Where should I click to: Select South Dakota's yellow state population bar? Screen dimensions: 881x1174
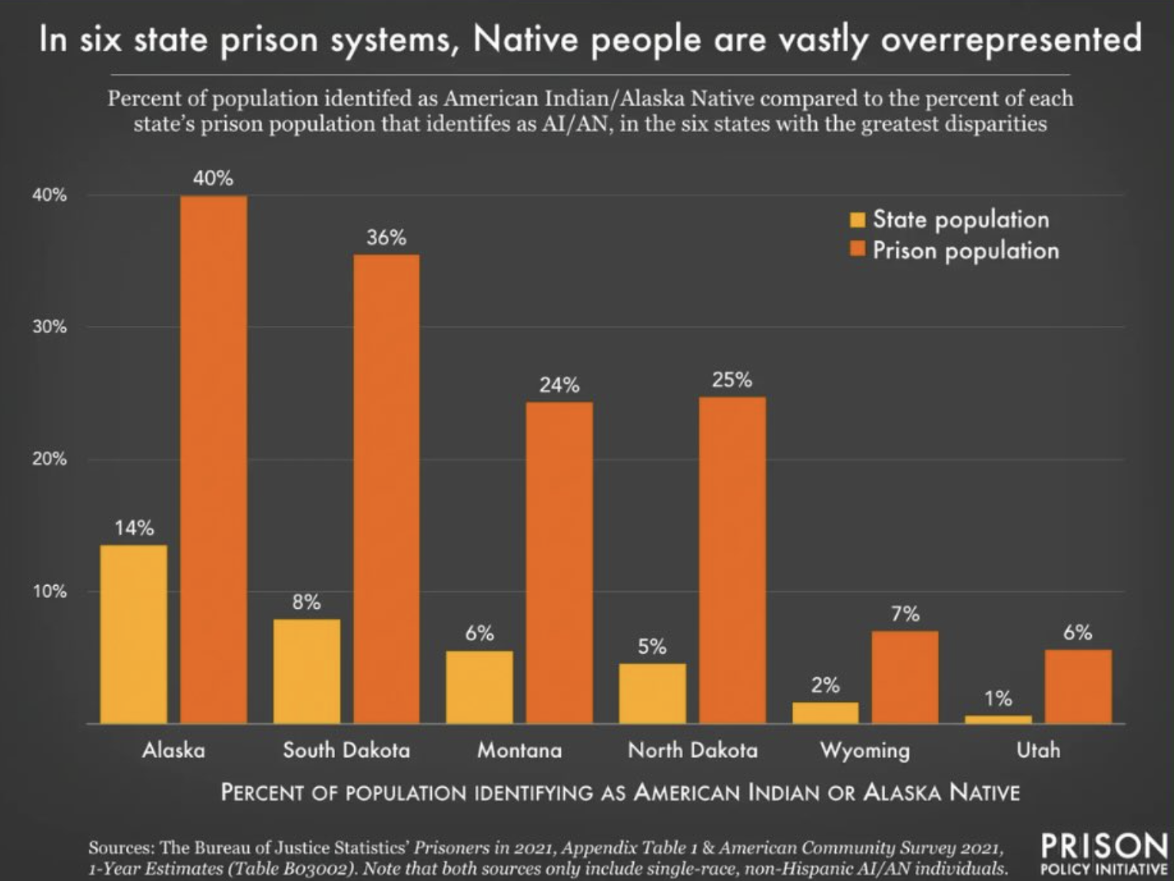307,670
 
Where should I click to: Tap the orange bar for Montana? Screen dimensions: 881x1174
559,562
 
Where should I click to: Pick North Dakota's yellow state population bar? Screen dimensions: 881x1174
652,693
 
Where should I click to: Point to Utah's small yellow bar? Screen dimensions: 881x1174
998,720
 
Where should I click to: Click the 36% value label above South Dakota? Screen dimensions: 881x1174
386,238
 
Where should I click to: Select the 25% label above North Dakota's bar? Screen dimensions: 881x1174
731,380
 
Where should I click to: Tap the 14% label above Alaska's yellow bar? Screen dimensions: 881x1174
134,528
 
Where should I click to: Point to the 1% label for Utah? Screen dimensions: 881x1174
998,699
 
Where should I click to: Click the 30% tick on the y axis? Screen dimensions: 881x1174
49,327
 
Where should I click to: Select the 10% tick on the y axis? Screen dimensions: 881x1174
49,592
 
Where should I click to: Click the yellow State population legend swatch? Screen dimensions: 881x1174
857,220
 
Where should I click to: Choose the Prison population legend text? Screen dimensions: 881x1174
966,251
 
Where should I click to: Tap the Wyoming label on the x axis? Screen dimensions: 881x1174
865,750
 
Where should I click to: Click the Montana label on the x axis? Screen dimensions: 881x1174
519,750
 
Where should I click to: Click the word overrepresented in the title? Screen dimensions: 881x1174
1011,39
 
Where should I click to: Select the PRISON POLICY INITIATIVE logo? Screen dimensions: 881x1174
1103,853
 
